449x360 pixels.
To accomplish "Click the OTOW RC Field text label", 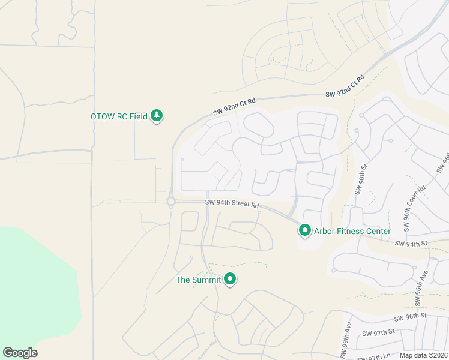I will [119, 116].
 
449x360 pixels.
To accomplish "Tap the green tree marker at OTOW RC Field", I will [157, 115].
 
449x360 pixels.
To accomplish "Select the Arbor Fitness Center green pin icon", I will [305, 230].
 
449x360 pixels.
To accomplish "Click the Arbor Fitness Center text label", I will [352, 231].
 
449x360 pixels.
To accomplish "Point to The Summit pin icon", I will [230, 279].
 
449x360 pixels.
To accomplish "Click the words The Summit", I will [198, 280].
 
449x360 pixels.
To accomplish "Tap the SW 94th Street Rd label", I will [232, 205].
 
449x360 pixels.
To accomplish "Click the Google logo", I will [20, 353].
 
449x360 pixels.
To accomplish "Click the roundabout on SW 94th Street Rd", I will [171, 202].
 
